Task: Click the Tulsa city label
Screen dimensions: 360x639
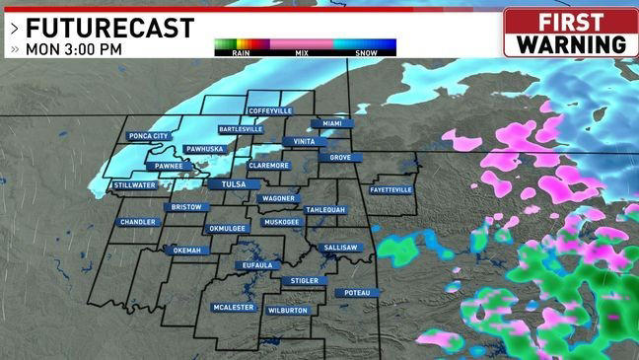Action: click(x=226, y=183)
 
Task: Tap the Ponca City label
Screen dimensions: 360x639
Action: click(x=149, y=136)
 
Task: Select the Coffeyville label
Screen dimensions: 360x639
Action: click(x=269, y=111)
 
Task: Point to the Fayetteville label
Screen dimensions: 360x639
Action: click(x=391, y=189)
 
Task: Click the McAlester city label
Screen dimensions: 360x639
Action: click(x=234, y=307)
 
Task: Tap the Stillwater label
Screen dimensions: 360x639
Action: click(x=134, y=184)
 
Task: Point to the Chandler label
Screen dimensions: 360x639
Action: click(x=138, y=222)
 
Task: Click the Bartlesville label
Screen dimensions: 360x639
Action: click(x=240, y=129)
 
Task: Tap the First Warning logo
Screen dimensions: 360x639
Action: click(x=571, y=34)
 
